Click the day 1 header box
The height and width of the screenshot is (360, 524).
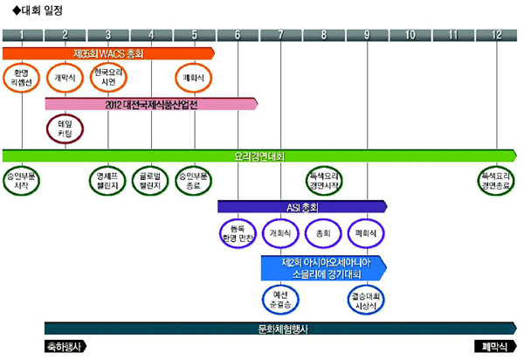(x=22, y=35)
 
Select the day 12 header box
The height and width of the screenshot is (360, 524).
(x=496, y=35)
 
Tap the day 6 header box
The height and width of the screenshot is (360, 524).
(x=238, y=35)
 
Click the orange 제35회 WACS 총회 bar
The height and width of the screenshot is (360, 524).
(x=108, y=53)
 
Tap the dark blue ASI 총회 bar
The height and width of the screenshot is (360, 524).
(x=301, y=207)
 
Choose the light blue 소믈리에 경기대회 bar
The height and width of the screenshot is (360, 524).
(x=322, y=267)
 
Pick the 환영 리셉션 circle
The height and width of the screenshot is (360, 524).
(x=22, y=78)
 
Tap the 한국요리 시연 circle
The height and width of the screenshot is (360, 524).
(x=108, y=78)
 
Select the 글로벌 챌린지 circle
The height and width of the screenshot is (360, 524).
(x=151, y=181)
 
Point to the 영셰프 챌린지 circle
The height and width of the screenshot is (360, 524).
(x=108, y=181)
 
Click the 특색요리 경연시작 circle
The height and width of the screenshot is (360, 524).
(x=324, y=181)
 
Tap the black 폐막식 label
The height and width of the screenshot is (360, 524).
(x=496, y=347)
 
